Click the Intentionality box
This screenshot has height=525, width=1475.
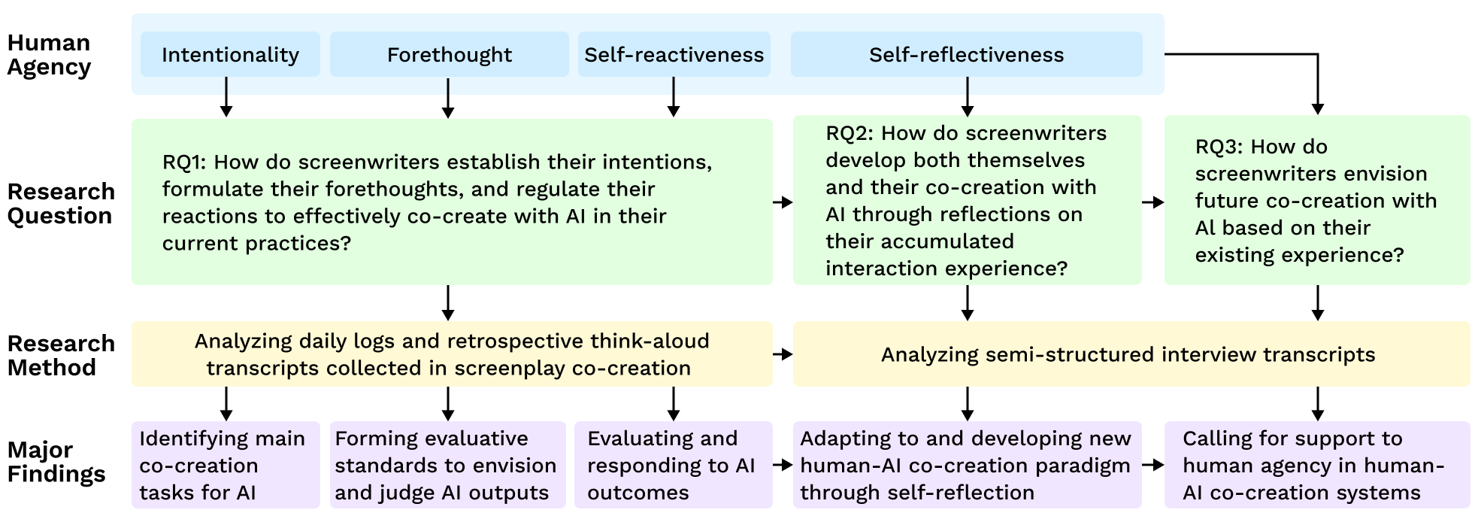coord(230,54)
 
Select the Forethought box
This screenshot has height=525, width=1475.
coord(449,54)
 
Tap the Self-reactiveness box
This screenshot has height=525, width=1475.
coord(674,54)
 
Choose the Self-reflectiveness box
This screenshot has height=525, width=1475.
coord(966,54)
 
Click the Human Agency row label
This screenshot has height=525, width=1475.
coord(49,55)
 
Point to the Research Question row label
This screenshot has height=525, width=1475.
coord(61,204)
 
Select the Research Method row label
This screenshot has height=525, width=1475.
coord(61,355)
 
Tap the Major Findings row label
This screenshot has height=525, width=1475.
coord(56,462)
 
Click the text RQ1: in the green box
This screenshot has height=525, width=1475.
coord(185,162)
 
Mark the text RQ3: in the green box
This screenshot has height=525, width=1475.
coord(1219,147)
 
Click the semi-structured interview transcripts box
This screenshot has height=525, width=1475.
coord(1131,354)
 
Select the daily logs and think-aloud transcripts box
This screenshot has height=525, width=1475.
coord(452,354)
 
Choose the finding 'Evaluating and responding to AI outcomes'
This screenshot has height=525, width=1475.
coord(673,465)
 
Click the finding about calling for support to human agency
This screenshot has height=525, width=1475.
coord(1316,465)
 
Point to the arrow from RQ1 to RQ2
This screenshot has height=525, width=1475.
coord(783,202)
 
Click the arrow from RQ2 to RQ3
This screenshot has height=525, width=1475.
coord(1152,202)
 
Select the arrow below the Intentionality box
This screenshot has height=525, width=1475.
coord(226,97)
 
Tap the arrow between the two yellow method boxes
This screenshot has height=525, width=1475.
coord(783,354)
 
